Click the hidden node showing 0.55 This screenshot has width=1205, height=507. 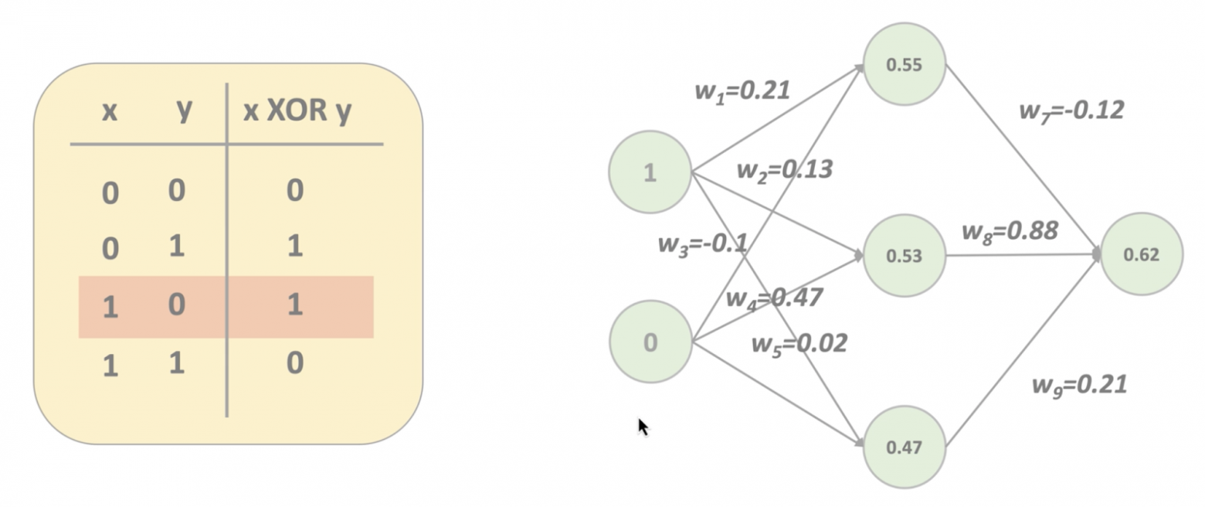coord(904,65)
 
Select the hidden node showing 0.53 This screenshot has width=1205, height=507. coord(904,256)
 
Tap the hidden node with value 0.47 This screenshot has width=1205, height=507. coord(904,447)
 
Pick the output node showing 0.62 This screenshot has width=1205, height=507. coord(1141,254)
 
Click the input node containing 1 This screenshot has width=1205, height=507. coord(650,172)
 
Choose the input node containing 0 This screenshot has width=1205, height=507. coord(650,342)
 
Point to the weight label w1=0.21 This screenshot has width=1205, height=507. coord(742,90)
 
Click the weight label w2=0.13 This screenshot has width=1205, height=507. coord(784,169)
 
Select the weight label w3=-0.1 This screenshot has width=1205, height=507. coord(702,244)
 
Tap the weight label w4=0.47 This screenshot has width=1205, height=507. coord(774,297)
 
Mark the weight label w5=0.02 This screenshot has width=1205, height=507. coord(799,342)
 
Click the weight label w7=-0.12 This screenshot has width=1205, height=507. coord(1071,111)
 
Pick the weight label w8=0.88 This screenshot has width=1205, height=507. coord(1009,230)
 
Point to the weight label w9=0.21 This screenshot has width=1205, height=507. coord(1079,384)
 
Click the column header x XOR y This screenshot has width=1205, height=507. coord(297,111)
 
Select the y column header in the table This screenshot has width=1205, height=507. coord(183,110)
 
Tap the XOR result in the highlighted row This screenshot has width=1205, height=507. coord(294,305)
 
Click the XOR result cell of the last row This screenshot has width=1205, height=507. coord(294,362)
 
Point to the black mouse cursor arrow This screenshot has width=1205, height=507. coord(643,426)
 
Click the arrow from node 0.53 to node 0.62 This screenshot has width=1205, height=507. coord(1020,254)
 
